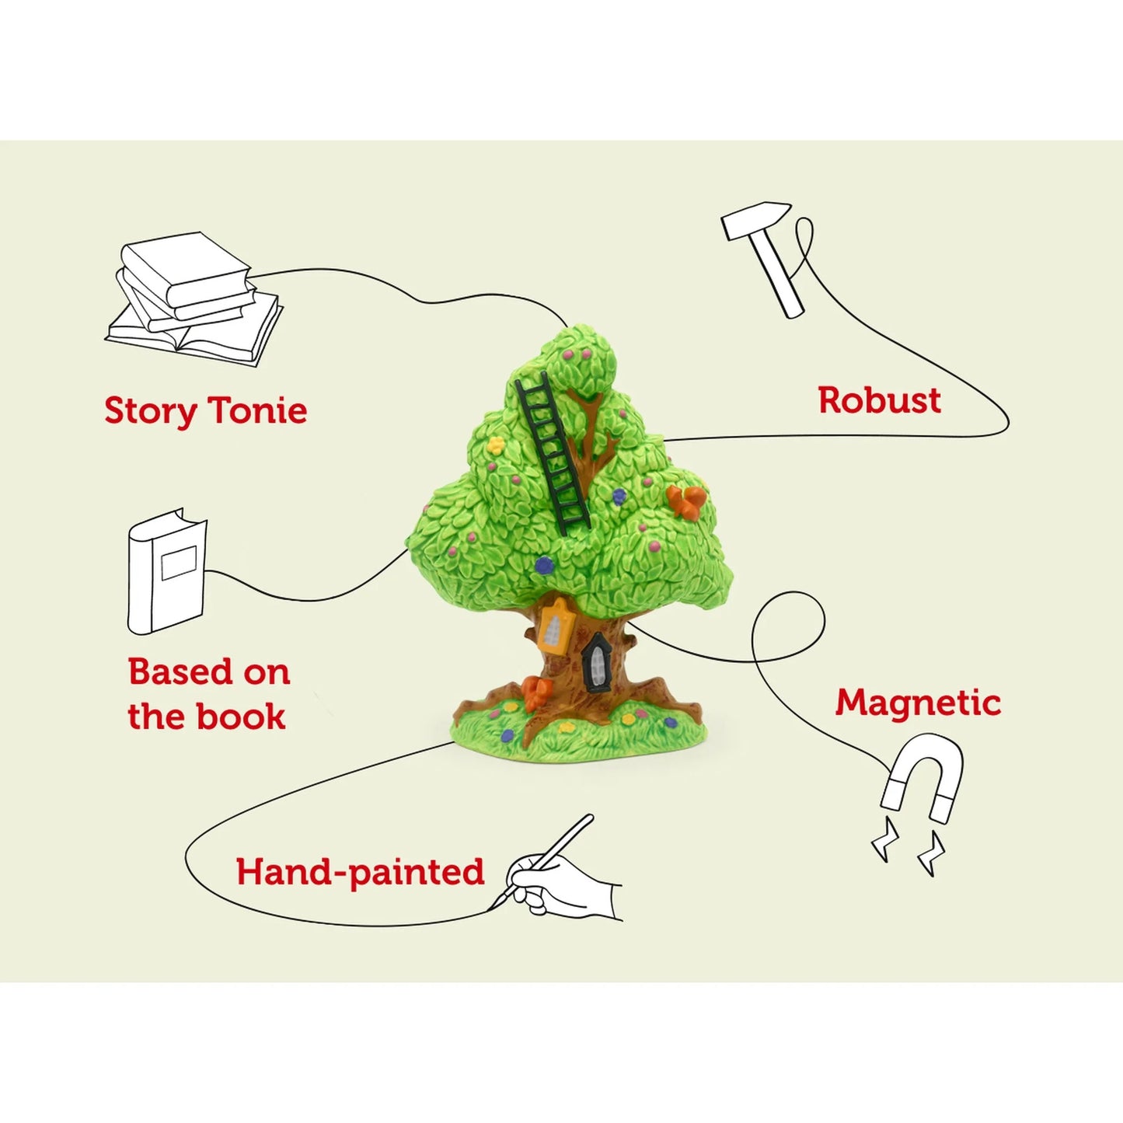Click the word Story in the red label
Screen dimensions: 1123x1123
click(x=150, y=411)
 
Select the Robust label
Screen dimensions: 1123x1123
click(x=879, y=400)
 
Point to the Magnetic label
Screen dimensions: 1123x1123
click(x=918, y=703)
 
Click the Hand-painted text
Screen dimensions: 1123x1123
click(x=360, y=872)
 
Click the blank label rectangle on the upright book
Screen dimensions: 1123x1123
click(x=179, y=562)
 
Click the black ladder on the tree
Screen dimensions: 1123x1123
click(x=553, y=451)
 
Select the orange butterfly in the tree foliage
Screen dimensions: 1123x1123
click(x=685, y=500)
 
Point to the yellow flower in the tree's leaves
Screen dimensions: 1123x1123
click(x=495, y=446)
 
